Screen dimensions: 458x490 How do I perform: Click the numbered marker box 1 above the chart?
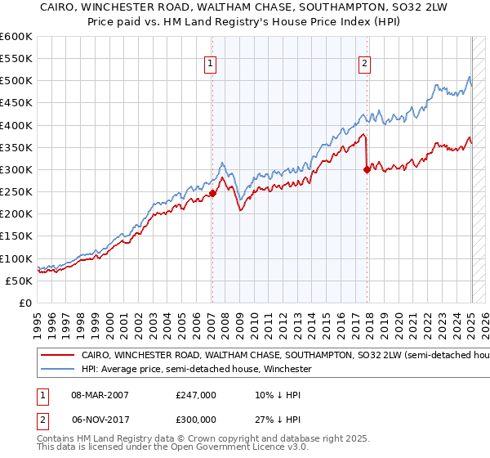coord(211,65)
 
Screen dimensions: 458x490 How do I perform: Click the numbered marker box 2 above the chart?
coord(364,65)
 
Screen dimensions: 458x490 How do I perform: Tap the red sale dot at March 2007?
coord(212,193)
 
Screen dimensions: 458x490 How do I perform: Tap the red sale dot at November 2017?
coord(367,169)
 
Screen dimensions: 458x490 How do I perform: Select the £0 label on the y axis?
coord(25,303)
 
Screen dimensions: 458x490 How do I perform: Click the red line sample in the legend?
coord(57,357)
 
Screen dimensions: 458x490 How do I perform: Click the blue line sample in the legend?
coord(57,370)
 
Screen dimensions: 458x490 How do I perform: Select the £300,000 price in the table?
coord(196,418)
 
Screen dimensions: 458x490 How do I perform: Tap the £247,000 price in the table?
coord(196,395)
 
